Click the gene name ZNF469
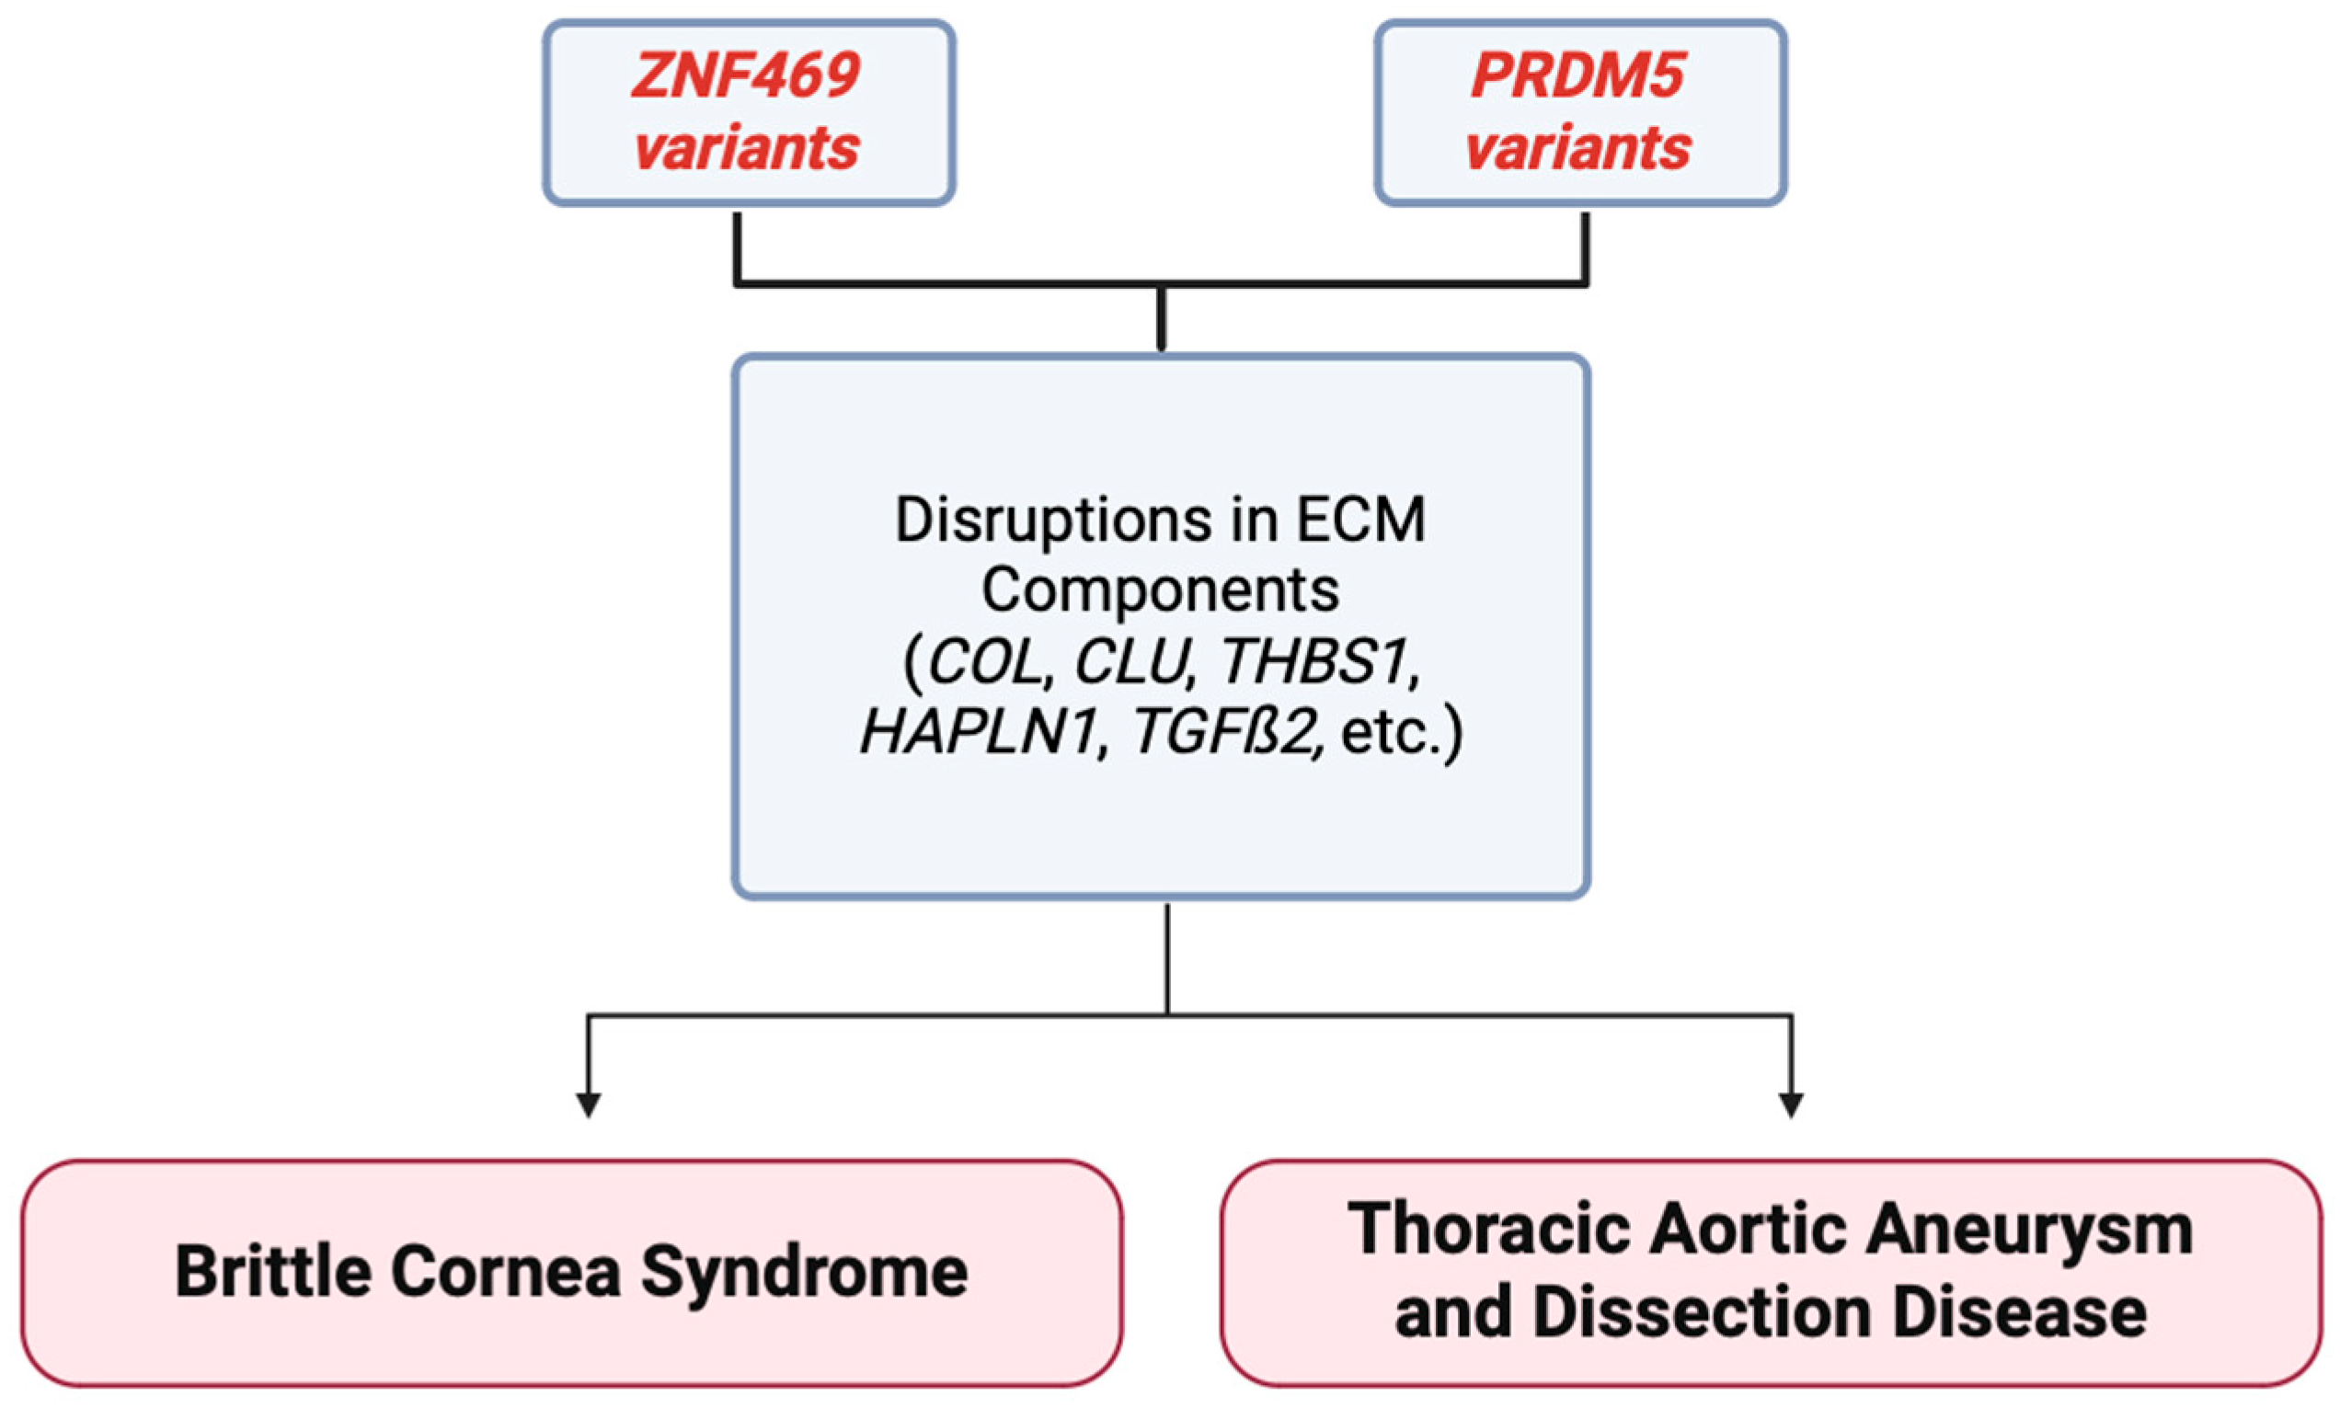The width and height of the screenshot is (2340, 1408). click(x=746, y=76)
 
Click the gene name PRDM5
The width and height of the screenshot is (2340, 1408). click(x=1577, y=76)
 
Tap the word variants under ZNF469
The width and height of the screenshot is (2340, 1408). click(x=746, y=149)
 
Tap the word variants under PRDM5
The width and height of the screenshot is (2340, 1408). click(x=1577, y=149)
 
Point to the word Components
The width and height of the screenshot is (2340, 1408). click(x=1160, y=590)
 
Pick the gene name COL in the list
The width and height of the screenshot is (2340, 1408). click(x=985, y=661)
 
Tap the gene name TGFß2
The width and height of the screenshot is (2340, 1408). click(x=1224, y=732)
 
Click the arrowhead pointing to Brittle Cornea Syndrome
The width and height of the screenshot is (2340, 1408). click(x=589, y=1104)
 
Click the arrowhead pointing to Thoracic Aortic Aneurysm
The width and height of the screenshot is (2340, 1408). click(x=1791, y=1104)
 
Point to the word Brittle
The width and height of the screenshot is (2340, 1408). click(x=272, y=1271)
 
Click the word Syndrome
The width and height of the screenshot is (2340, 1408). click(x=805, y=1271)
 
